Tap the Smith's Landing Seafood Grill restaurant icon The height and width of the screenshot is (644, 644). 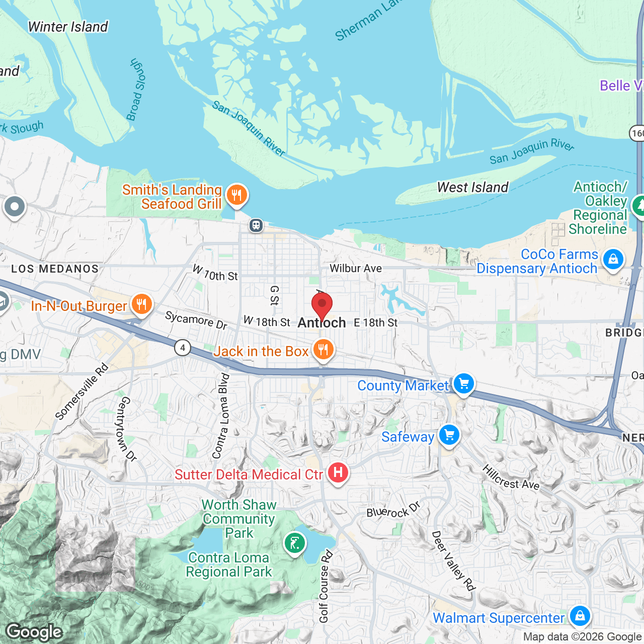[x=236, y=195]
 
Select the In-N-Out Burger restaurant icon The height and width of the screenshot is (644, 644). [x=142, y=305]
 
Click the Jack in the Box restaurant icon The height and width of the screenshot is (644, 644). [x=323, y=350]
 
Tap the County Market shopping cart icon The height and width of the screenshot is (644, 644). [x=463, y=384]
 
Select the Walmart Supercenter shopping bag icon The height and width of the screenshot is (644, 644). [x=580, y=616]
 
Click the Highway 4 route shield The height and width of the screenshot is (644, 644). [x=183, y=348]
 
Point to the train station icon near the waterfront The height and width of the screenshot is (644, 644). [x=256, y=225]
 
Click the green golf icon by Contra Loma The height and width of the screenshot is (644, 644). [x=294, y=544]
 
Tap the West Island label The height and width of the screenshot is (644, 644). [x=472, y=188]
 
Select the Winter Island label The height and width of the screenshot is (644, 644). [x=68, y=27]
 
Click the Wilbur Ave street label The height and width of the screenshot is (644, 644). [x=356, y=269]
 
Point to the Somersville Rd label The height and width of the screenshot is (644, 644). [x=82, y=392]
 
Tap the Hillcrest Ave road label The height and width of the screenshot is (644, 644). [x=511, y=478]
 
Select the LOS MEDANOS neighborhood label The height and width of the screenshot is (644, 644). [x=55, y=269]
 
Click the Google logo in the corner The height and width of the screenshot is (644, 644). [x=34, y=632]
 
